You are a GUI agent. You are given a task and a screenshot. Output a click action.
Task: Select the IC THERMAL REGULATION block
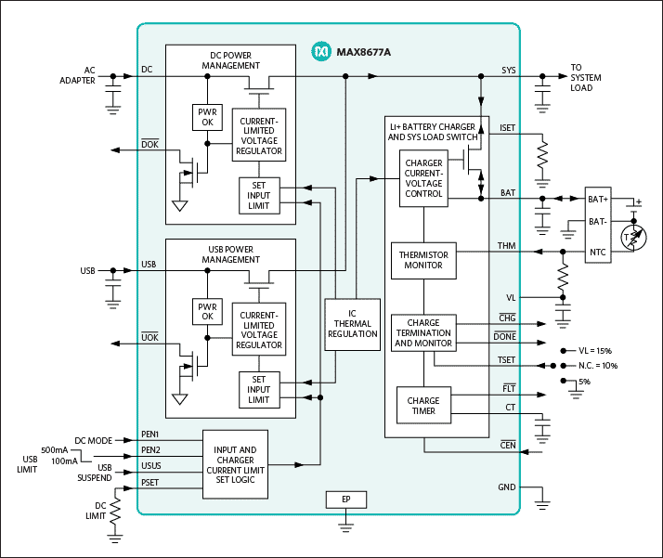352,325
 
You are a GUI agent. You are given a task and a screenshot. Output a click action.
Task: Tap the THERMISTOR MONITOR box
422,260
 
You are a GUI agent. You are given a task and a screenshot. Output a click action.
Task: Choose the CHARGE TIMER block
423,406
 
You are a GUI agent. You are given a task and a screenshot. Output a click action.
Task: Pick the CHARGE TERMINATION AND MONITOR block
422,334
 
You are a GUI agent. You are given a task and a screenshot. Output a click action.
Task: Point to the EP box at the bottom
345,500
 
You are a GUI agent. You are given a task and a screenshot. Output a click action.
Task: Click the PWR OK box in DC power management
205,117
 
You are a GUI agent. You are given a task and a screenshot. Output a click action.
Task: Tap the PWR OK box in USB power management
205,312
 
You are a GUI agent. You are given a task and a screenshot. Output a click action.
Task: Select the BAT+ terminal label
598,198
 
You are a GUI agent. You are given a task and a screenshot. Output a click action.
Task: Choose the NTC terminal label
598,251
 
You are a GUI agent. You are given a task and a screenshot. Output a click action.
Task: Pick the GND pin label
506,487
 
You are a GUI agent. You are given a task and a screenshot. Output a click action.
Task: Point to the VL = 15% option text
594,351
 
